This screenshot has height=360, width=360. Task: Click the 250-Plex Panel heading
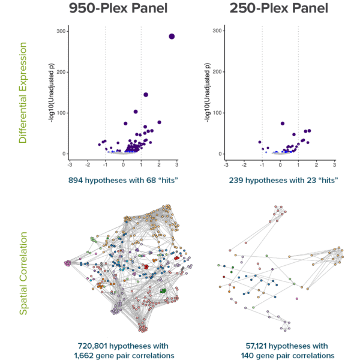280,10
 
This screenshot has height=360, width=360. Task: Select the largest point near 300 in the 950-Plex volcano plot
172,36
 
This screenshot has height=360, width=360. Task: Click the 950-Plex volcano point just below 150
146,94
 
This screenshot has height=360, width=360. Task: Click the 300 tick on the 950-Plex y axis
62,31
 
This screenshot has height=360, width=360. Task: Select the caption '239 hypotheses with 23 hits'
280,179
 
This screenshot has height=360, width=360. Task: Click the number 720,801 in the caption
97,346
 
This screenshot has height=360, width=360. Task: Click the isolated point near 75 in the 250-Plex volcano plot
282,123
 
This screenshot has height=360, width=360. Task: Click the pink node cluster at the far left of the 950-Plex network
67,263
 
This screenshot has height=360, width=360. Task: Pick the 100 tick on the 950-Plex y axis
62,112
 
